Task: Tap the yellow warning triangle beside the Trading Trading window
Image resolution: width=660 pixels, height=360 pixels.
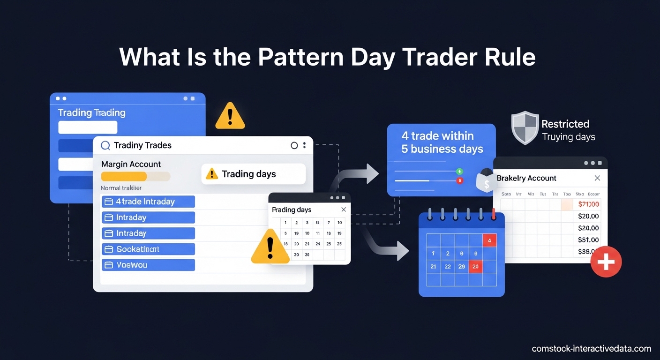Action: click(x=230, y=117)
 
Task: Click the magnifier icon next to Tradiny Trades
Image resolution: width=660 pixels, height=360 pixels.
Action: click(x=105, y=145)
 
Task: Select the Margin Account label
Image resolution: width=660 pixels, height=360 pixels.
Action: click(x=131, y=164)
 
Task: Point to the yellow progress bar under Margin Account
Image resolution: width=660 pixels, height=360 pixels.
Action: click(x=124, y=176)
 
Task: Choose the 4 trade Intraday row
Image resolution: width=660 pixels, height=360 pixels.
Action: click(x=148, y=202)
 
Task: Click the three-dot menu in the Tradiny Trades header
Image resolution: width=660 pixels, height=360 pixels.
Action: click(x=305, y=145)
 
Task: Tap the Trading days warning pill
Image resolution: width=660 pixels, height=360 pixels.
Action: click(x=253, y=174)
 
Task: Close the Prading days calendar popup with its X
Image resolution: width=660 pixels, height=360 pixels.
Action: click(x=344, y=210)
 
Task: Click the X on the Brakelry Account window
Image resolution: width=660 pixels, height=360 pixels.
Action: click(x=597, y=178)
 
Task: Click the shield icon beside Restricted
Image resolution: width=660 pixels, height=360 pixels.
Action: click(x=525, y=127)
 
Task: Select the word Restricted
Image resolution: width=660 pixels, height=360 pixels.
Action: click(x=565, y=124)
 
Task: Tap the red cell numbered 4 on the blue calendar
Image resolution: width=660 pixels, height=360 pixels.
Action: click(x=489, y=240)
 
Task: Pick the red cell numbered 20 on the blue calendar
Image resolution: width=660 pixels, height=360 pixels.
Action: click(x=475, y=266)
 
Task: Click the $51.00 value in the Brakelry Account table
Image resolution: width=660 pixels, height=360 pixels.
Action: click(x=588, y=240)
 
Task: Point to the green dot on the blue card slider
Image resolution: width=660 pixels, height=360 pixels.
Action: click(x=459, y=172)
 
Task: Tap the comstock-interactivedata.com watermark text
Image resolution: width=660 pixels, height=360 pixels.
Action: click(x=592, y=348)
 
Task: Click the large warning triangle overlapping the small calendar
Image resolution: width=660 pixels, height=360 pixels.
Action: click(x=270, y=247)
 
